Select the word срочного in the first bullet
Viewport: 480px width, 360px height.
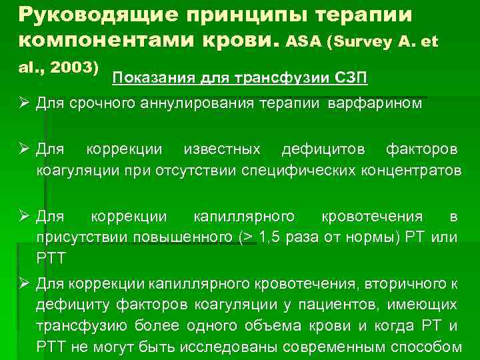click(x=110, y=104)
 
